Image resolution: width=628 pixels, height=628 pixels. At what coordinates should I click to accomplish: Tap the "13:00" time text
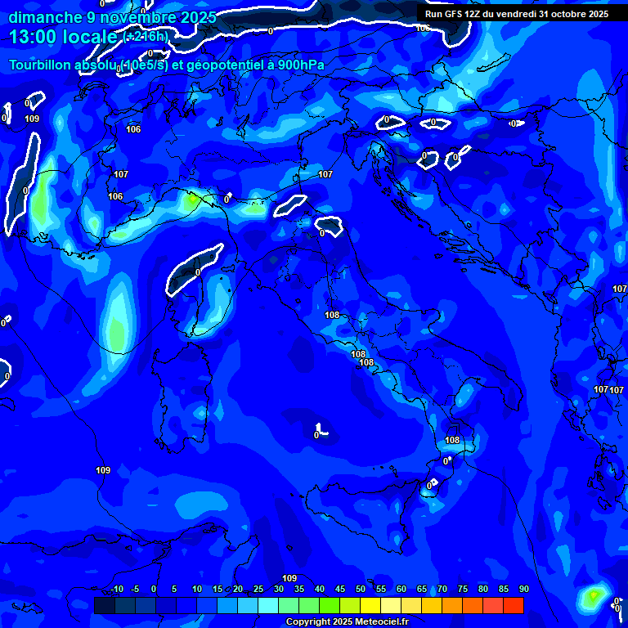point(32,37)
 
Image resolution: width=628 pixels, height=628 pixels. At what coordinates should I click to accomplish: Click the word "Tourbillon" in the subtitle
point(42,65)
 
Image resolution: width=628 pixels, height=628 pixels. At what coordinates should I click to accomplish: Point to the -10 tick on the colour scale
point(116,590)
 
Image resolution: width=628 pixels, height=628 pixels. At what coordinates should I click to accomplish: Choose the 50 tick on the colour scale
point(361,590)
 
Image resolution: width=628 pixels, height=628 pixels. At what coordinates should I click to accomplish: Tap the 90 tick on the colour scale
point(523,590)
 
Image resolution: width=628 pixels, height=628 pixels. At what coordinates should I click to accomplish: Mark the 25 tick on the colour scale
point(258,590)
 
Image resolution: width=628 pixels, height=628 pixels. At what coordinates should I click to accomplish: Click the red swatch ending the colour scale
point(514,605)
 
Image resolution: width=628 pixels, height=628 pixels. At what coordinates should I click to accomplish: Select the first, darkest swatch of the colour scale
point(105,605)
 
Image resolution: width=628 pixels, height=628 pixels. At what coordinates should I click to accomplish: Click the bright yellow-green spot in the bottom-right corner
point(593,596)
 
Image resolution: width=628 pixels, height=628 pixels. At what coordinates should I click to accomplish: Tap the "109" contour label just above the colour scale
point(289,578)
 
